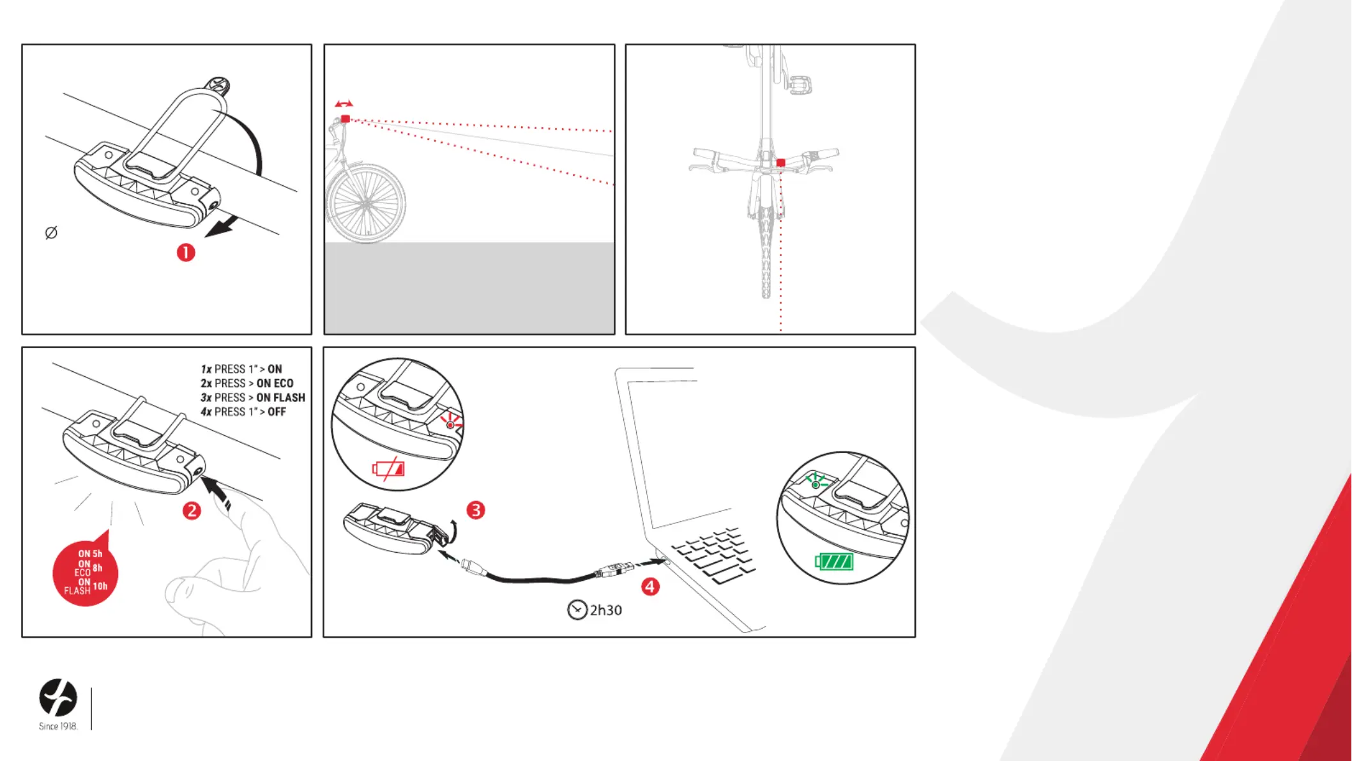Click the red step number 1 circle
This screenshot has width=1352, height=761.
coord(186,252)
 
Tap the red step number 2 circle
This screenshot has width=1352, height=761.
coord(192,511)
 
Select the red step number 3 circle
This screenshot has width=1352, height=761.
coord(476,510)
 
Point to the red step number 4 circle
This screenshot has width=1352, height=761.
coord(650,587)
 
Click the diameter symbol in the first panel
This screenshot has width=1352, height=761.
coord(51,233)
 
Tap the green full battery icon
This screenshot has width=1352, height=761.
coord(834,562)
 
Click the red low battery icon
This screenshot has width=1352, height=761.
coord(388,470)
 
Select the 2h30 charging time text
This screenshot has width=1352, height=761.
coord(605,610)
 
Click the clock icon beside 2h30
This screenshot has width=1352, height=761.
coord(577,610)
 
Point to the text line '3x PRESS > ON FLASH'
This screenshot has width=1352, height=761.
coord(253,397)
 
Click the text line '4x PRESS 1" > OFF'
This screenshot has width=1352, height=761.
coord(243,411)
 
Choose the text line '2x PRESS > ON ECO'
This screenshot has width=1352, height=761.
coord(247,383)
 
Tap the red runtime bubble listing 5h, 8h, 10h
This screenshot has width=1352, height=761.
coord(86,573)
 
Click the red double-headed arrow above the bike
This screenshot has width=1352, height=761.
coord(344,104)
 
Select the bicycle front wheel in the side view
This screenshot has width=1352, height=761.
coord(367,204)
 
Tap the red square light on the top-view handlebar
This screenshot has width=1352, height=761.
coord(780,163)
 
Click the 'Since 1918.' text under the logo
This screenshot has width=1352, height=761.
coord(58,726)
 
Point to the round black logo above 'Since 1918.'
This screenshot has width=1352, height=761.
coord(58,697)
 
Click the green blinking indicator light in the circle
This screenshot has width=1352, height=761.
coord(816,485)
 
